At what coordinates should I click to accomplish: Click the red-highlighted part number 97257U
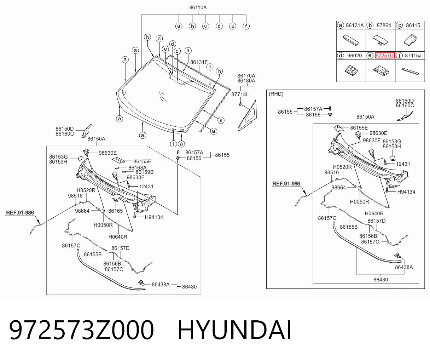click(384, 56)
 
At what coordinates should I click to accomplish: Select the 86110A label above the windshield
click(198, 8)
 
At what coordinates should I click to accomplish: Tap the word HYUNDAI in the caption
click(234, 330)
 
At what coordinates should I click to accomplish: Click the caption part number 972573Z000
click(82, 330)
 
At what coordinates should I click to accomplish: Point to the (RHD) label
click(276, 94)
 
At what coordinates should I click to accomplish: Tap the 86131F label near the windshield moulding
click(199, 62)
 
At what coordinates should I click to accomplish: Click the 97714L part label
click(240, 95)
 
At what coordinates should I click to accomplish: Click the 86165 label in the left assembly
click(115, 211)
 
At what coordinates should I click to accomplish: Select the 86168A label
click(137, 168)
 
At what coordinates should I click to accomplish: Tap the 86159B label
click(144, 172)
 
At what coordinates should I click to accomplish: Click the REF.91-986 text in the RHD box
click(286, 183)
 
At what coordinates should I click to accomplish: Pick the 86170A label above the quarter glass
click(246, 76)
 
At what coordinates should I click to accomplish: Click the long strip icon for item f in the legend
click(410, 72)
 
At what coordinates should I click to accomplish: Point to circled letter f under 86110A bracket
click(246, 26)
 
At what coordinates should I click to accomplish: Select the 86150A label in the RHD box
click(365, 117)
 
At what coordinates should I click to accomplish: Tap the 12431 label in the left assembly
click(146, 187)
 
